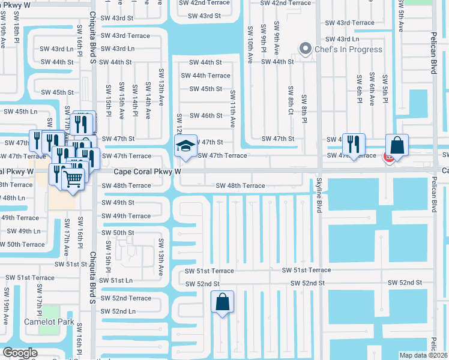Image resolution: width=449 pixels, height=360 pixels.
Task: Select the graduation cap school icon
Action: [185, 145]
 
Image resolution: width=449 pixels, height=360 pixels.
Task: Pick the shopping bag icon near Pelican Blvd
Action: [397, 145]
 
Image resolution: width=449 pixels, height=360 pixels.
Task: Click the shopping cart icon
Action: [73, 178]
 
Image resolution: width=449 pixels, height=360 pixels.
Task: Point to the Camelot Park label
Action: [49, 321]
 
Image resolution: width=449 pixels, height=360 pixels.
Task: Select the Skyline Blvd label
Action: [319, 195]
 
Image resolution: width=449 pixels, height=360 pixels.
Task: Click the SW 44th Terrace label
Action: [206, 76]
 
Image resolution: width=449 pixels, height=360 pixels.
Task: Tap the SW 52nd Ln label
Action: [118, 311]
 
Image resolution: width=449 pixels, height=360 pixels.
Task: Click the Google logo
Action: [20, 353]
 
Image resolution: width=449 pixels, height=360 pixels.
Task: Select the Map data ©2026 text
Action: [423, 355]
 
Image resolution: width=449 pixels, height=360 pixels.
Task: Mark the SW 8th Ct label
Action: [291, 100]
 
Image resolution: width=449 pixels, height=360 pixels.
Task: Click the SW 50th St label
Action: [118, 232]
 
